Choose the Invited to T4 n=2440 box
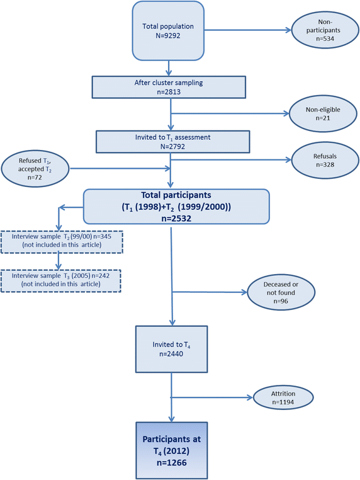171,348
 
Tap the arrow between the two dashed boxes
58,258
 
